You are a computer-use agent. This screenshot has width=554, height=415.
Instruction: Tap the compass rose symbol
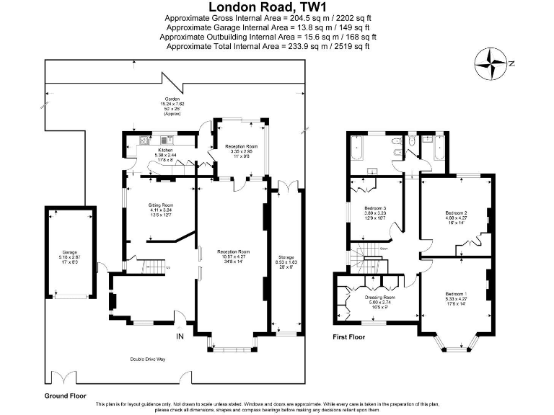[493, 62]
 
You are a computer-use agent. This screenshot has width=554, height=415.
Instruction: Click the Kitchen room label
[164, 151]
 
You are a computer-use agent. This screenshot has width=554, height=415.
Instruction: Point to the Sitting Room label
[161, 205]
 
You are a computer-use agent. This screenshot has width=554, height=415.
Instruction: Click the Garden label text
[172, 98]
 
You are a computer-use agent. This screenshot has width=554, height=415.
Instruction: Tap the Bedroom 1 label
[455, 295]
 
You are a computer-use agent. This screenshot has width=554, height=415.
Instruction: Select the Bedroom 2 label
[457, 213]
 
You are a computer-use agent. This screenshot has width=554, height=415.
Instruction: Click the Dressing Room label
[379, 298]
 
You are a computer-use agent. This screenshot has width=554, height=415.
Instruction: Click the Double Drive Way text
[148, 358]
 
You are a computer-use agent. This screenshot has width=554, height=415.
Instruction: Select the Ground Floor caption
[65, 396]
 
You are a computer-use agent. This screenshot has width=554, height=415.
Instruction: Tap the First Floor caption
[348, 336]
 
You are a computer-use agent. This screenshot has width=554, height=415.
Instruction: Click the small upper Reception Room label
[242, 146]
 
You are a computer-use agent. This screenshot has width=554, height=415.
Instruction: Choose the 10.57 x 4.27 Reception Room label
[233, 251]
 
